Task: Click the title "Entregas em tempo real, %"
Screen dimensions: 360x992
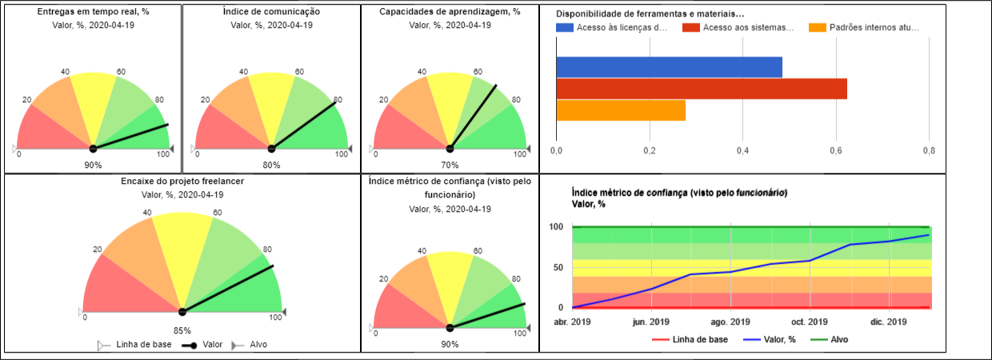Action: [93, 12]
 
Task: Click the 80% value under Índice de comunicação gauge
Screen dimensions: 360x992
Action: [271, 166]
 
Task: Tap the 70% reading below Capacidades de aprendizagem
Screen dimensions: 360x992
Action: [450, 166]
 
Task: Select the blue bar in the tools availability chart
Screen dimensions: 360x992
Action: [669, 67]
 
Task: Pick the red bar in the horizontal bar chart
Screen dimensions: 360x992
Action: [701, 89]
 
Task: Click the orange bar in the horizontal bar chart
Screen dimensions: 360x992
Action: [621, 110]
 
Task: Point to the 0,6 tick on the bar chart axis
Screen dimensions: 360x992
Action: [836, 150]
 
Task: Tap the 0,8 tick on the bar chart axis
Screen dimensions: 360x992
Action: [928, 150]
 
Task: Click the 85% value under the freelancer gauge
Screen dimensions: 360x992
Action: [182, 330]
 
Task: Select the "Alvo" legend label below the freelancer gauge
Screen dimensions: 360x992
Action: [258, 345]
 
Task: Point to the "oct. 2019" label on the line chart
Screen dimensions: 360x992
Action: [810, 322]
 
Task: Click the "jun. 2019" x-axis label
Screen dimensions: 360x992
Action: [651, 322]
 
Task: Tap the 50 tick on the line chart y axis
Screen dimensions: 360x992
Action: [558, 267]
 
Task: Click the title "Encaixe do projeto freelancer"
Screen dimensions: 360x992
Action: [182, 182]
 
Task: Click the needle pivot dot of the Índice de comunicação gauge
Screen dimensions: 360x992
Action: [271, 149]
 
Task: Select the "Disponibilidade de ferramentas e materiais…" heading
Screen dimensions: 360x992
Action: [650, 14]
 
